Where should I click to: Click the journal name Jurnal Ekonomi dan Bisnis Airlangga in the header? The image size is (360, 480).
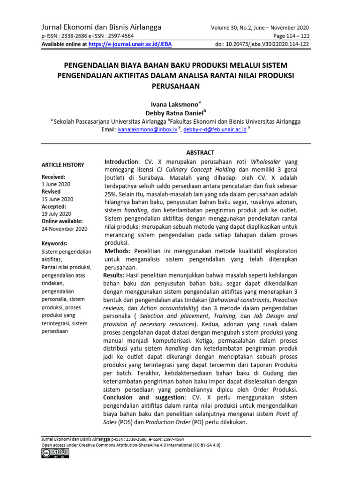point(102,27)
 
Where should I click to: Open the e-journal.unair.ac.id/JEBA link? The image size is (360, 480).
point(128,45)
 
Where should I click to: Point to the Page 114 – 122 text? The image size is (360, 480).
point(291,36)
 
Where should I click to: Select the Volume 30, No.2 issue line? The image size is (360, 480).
point(260,28)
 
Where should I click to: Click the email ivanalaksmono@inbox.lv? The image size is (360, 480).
point(147,129)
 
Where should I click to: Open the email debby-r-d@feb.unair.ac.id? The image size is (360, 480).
point(215,129)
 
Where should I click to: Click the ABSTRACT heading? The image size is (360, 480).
point(200,152)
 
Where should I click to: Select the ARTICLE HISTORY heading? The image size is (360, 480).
point(63,165)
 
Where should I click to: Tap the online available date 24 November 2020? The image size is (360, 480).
point(64,229)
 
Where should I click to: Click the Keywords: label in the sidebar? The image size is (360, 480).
point(54,244)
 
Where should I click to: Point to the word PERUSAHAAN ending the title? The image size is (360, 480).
point(175,86)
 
